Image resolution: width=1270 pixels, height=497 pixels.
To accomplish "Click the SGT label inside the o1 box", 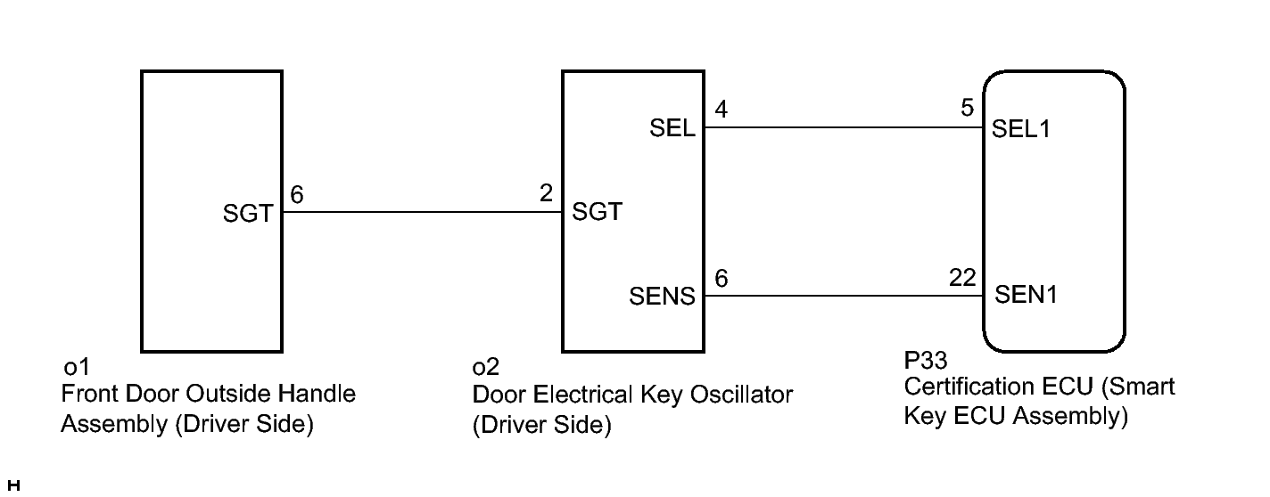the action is coord(248,214).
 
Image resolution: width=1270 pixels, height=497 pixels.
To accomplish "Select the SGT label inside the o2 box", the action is coord(597,212).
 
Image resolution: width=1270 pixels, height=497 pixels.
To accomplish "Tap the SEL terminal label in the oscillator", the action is coord(672,128).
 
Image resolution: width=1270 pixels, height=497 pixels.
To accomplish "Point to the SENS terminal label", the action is coord(662,296).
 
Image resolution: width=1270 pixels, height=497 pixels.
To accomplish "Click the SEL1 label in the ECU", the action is coord(1020,129).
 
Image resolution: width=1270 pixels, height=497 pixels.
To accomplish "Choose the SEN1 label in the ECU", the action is coord(1026,294).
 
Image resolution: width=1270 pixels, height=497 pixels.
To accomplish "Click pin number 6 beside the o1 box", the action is coord(296,195).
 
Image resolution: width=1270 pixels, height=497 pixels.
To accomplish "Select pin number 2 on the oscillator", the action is coord(546,193).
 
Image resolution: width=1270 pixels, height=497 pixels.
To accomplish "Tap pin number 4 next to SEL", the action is coord(722,109).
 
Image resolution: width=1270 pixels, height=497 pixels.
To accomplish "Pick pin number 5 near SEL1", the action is coord(968,108).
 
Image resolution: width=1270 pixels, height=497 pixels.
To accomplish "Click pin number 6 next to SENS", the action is coord(722,278).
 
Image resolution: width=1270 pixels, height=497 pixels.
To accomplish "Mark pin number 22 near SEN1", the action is coord(962,277).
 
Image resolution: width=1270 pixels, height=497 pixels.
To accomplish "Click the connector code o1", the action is coord(77,367).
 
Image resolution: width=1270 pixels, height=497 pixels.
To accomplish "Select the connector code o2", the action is coord(485,367).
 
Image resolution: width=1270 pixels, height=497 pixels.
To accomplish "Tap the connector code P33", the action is coord(925,360).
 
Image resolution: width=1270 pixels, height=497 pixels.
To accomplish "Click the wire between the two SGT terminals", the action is coord(423,212).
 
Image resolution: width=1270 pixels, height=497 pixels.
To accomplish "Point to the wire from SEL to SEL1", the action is coord(844,127).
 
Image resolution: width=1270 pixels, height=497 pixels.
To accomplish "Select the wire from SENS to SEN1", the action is coord(844,296).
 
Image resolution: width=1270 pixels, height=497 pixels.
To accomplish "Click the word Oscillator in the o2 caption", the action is coord(741,395).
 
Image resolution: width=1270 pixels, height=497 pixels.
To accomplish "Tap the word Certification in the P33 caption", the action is coord(998,387).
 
